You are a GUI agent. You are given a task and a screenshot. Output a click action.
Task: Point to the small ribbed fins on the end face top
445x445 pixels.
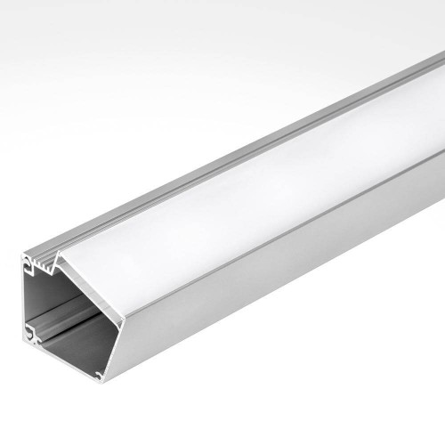[x=49, y=259]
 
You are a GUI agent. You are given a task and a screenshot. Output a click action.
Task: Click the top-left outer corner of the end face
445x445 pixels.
[x=22, y=255]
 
